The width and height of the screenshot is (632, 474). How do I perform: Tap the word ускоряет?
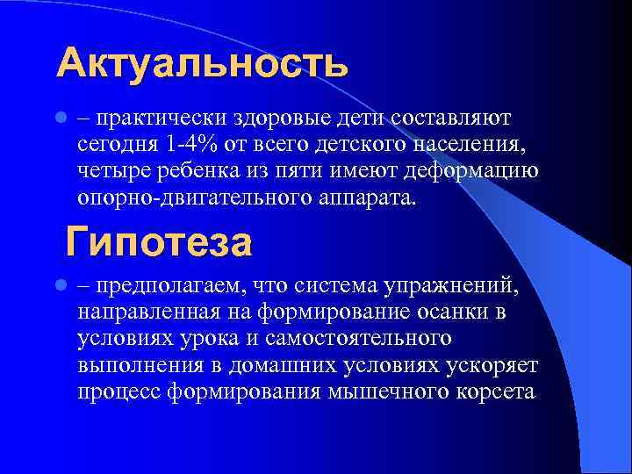tap(497, 364)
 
